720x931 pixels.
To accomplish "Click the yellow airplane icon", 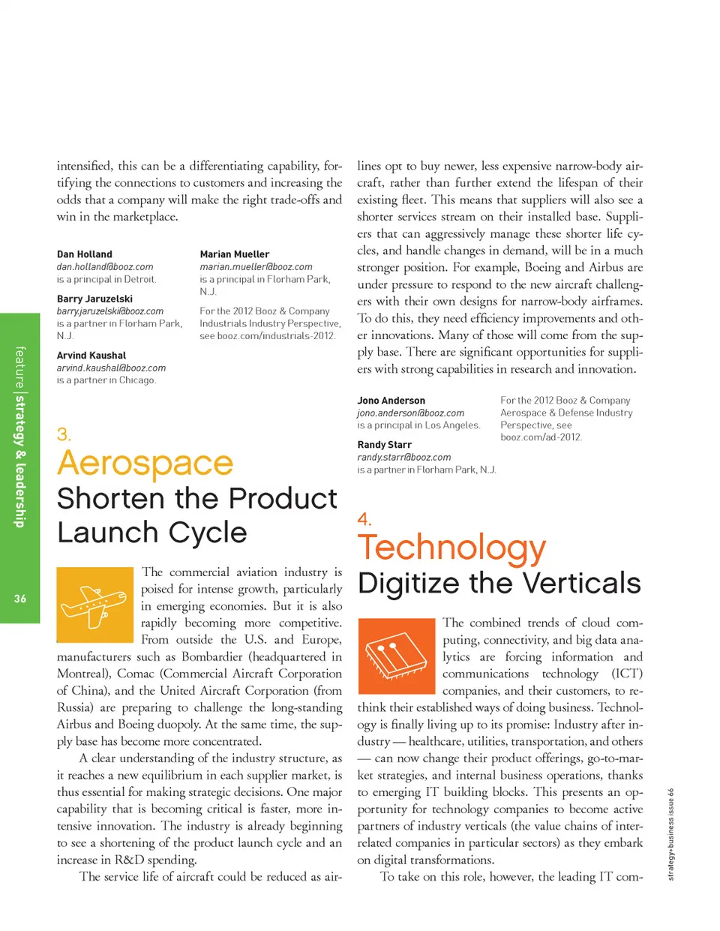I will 94,605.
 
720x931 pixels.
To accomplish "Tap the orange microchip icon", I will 396,656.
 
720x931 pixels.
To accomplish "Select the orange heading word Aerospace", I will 145,463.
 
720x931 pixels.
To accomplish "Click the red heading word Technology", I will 451,548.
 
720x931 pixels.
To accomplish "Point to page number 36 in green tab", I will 19,599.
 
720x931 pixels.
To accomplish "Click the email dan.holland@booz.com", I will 105,267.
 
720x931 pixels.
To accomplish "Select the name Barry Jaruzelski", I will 94,299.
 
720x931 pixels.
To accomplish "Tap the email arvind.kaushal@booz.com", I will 111,368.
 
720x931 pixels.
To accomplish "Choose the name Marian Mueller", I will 234,254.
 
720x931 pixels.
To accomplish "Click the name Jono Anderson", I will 391,401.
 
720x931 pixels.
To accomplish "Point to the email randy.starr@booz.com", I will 403,458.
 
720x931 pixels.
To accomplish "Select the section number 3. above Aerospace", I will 64,434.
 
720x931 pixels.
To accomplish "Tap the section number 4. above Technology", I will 364,519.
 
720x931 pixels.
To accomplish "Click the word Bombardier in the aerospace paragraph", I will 212,656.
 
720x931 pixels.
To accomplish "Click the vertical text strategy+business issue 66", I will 671,833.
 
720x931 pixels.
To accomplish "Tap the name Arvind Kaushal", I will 91,356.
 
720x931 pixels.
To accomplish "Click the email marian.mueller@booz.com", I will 256,267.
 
